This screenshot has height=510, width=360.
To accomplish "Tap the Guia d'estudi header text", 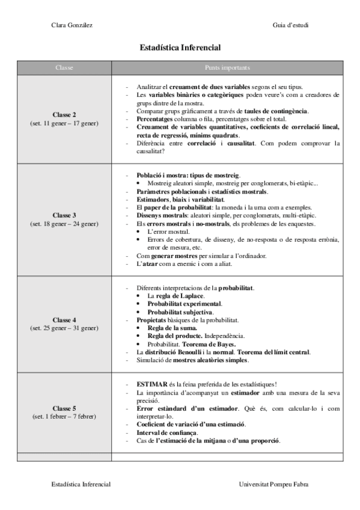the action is pos(290,25).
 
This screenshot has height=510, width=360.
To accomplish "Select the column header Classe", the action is pos(64,67).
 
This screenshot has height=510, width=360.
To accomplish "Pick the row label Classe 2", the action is pos(64,114).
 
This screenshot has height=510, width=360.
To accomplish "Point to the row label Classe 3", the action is pos(64,215).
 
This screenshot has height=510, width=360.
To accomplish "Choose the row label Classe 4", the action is pos(64,319).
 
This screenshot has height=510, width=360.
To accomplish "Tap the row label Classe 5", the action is pos(64,408).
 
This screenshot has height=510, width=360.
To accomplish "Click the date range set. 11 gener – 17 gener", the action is pos(64,123).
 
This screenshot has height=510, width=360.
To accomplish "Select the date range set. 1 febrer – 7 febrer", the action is pos(64,417).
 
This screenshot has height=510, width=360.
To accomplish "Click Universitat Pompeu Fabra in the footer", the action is pos(275,483).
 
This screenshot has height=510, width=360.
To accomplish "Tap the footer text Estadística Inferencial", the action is pos(81,483).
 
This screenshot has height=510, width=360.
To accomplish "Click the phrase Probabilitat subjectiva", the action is pos(180,312).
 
